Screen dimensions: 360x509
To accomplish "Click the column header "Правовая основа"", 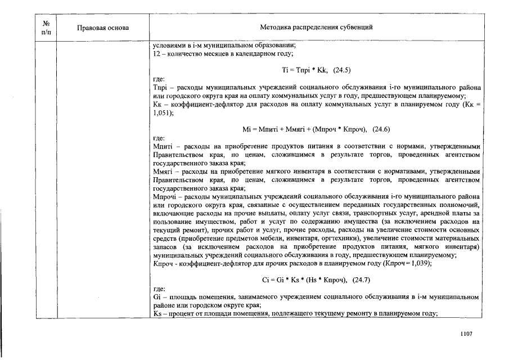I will coord(103,28).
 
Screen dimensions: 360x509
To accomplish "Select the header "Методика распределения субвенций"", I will coord(317,28).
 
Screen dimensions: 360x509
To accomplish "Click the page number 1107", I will coord(466,334).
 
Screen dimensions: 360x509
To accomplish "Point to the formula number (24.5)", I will coord(342,71).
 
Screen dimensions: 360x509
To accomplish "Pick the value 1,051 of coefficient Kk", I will coord(163,112).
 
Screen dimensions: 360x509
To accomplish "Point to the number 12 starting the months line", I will coord(156,54).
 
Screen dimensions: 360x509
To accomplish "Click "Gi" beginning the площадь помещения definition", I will coord(157,296).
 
